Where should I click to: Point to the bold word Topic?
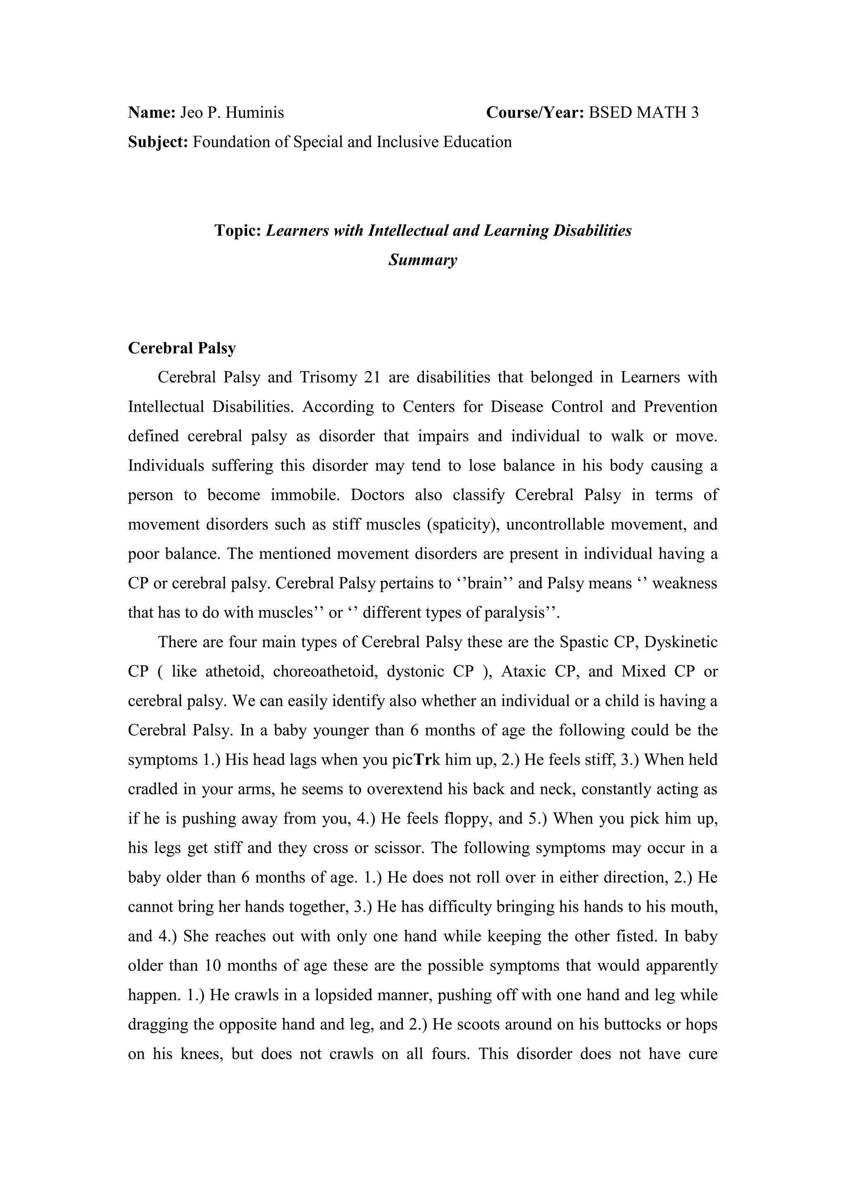tap(238, 230)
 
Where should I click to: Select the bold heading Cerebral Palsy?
tap(182, 348)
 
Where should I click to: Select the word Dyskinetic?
tap(681, 642)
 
